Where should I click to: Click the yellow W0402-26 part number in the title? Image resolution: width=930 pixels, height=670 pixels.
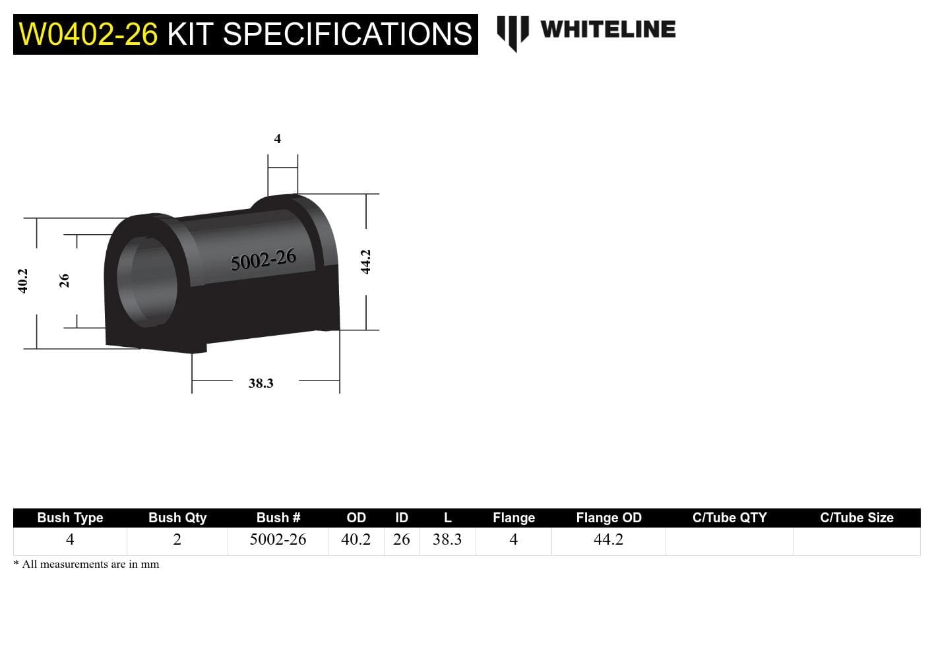pyautogui.click(x=88, y=34)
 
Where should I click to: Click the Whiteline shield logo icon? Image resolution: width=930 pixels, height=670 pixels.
pyautogui.click(x=512, y=32)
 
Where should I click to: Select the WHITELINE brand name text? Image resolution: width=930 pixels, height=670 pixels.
pyautogui.click(x=607, y=30)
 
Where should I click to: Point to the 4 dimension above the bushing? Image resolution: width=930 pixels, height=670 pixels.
pyautogui.click(x=278, y=138)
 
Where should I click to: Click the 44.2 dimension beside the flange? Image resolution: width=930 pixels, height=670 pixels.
pyautogui.click(x=366, y=262)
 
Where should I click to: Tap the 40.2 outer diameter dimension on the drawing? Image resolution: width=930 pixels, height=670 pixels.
pyautogui.click(x=23, y=281)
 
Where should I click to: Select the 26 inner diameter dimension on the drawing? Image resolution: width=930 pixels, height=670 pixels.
pyautogui.click(x=64, y=281)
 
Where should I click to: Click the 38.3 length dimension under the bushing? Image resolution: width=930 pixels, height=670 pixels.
pyautogui.click(x=261, y=383)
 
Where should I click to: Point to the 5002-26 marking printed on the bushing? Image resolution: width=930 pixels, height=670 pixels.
pyautogui.click(x=263, y=260)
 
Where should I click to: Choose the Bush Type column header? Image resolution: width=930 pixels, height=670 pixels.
pyautogui.click(x=70, y=518)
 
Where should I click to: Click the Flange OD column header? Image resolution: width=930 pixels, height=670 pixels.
pyautogui.click(x=608, y=518)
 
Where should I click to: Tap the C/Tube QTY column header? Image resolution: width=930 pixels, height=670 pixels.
pyautogui.click(x=729, y=518)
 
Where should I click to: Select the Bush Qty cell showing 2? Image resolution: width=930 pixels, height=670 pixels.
pyautogui.click(x=177, y=540)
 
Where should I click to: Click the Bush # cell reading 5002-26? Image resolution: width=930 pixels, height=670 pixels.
pyautogui.click(x=278, y=540)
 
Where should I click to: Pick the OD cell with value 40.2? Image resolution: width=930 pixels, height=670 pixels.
pyautogui.click(x=356, y=540)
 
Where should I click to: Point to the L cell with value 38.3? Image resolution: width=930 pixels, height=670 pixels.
pyautogui.click(x=447, y=540)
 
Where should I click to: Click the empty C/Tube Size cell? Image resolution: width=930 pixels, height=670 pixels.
pyautogui.click(x=856, y=541)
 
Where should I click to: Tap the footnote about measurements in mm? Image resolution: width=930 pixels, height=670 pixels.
pyautogui.click(x=86, y=564)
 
